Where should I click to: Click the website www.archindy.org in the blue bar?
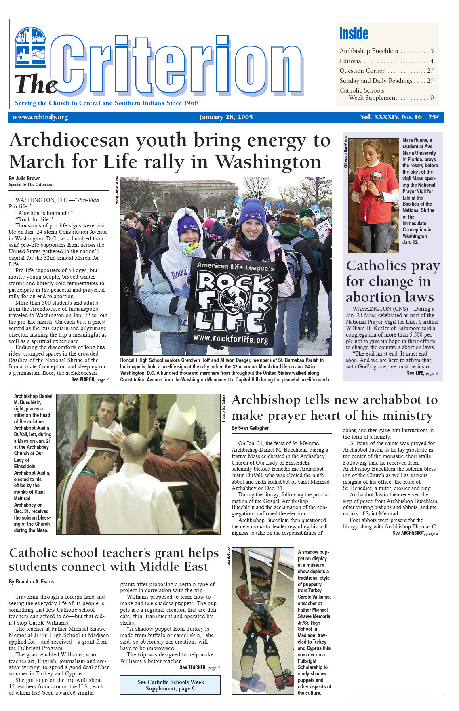pos(40,117)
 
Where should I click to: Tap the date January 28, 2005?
pos(225,117)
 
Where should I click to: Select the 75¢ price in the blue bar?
pos(434,117)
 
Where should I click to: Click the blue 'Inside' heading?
pos(354,34)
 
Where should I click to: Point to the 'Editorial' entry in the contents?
pos(351,61)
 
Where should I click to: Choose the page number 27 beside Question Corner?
pos(430,71)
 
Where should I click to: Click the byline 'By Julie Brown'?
pos(25,178)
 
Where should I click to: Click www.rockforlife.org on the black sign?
pos(231,339)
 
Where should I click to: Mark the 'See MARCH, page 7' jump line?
pos(90,380)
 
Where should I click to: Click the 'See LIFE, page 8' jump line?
pos(422,373)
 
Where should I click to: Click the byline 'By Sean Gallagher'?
pos(250,428)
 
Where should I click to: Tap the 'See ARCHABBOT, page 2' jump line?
pos(415,533)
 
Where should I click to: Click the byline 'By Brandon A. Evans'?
pos(31,582)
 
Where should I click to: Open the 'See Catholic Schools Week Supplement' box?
pos(170,685)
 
